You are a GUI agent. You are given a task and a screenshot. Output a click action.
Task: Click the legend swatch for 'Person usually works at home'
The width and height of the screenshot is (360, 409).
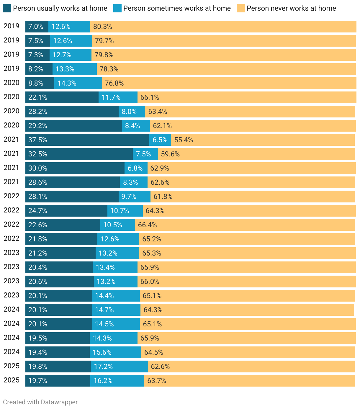[x=7, y=8]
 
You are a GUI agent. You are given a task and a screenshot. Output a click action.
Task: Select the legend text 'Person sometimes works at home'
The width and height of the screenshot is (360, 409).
[x=177, y=8]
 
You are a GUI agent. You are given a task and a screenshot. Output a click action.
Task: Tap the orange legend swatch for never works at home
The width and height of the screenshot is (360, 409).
[x=241, y=8]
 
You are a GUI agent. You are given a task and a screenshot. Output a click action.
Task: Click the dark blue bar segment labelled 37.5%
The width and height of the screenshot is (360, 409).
[x=87, y=140]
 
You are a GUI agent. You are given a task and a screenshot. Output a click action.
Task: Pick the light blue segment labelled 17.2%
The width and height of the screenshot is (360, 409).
[x=119, y=367]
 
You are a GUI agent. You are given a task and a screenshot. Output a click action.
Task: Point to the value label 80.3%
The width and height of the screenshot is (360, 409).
[x=103, y=27]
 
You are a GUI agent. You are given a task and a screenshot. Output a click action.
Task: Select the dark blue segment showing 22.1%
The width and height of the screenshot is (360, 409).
[x=62, y=97]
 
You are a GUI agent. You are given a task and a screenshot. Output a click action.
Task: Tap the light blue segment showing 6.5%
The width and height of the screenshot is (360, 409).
[x=160, y=140]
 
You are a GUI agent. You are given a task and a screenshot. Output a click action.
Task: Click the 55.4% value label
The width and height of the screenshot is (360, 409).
[x=184, y=140]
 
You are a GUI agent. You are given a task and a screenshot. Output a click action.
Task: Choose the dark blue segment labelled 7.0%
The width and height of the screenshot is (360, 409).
[x=37, y=27]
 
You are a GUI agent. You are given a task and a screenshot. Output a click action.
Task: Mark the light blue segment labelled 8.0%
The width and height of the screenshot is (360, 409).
[x=132, y=112]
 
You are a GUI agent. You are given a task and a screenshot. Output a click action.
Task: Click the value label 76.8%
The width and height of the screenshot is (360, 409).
[x=114, y=83]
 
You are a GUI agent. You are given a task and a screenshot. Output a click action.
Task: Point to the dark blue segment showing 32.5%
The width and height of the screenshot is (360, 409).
[x=79, y=154]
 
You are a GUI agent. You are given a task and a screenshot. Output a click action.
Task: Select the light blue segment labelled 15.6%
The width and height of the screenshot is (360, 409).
[x=115, y=352]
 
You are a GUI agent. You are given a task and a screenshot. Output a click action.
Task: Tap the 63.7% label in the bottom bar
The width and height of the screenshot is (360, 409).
[x=157, y=381]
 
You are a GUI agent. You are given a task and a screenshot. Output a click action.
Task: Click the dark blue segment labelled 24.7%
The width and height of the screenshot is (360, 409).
[x=66, y=211]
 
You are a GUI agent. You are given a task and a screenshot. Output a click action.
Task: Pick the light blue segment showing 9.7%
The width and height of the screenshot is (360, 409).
[x=134, y=197]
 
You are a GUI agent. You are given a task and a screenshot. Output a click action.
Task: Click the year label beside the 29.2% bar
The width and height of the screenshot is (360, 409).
[x=12, y=125]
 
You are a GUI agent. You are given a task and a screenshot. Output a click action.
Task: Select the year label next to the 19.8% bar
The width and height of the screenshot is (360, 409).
[x=12, y=366]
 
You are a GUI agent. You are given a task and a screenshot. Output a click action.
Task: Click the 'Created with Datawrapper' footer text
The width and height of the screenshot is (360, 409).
[x=40, y=402]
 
